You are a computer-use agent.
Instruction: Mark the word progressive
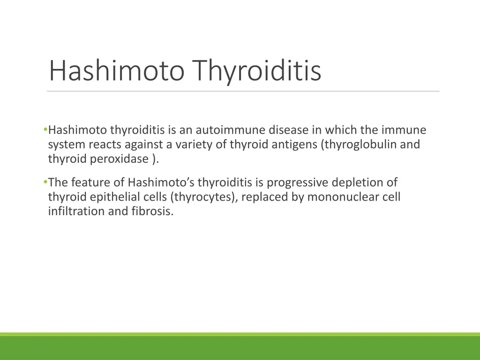click(298, 182)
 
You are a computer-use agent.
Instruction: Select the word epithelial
click(101, 197)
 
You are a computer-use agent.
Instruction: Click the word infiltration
click(76, 211)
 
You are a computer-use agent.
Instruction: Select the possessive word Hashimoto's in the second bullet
click(162, 182)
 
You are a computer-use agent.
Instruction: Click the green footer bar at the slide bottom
click(240, 348)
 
